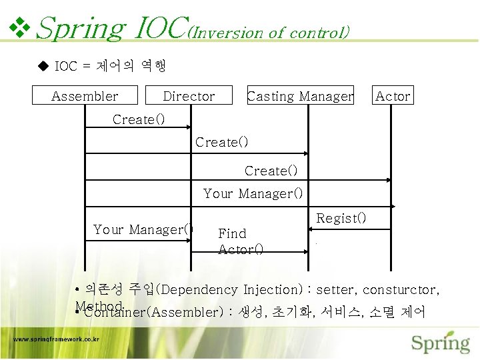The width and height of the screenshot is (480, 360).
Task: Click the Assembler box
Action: (x=85, y=96)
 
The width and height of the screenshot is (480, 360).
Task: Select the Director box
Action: (x=189, y=96)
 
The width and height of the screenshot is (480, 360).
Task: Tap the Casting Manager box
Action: (x=300, y=96)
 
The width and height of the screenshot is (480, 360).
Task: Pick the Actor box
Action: (x=393, y=96)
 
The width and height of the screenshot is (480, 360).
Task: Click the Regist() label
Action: (x=341, y=218)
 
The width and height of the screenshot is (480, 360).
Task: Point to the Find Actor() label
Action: (x=240, y=241)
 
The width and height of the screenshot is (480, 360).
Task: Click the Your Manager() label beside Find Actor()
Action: (x=143, y=229)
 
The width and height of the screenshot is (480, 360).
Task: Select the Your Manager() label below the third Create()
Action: (x=253, y=193)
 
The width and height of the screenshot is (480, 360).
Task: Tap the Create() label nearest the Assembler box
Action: (x=139, y=119)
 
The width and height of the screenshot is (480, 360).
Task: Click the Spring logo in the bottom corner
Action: (x=440, y=342)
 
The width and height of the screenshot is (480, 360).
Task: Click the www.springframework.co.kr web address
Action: (x=57, y=339)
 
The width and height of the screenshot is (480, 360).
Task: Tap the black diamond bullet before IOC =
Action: (x=44, y=66)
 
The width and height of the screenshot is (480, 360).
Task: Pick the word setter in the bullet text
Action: (x=337, y=290)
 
